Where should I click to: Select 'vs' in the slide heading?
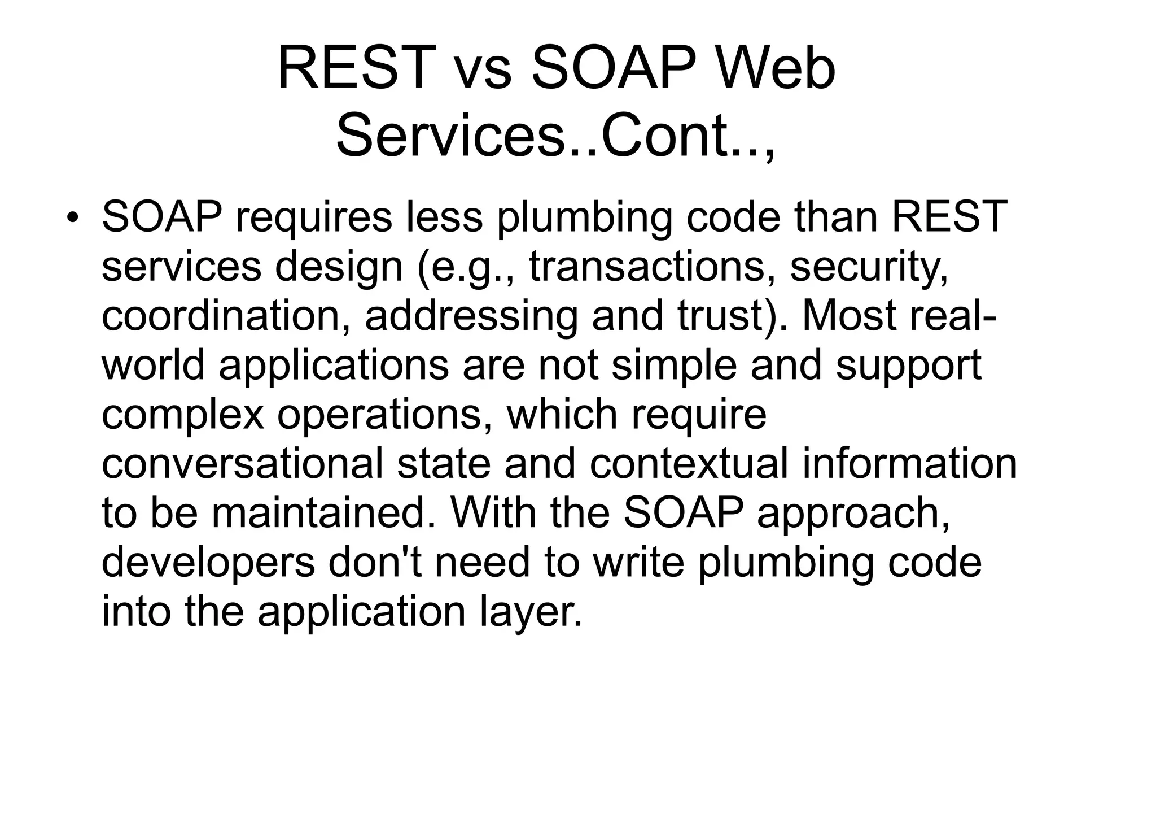483,69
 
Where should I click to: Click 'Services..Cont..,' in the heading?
555,137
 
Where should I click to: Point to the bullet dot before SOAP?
71,218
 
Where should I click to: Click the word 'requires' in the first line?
313,218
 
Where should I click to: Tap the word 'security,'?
869,267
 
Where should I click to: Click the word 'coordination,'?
226,315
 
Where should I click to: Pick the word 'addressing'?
471,315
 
